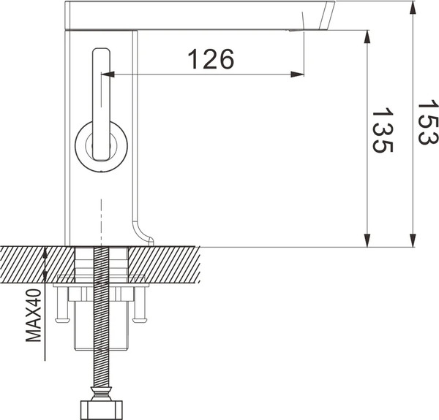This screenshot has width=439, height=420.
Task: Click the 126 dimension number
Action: tap(211, 59)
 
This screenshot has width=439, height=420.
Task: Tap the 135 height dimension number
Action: tap(382, 131)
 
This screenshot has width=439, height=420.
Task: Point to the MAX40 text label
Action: tap(34, 315)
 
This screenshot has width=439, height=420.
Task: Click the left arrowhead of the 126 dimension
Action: tap(106, 74)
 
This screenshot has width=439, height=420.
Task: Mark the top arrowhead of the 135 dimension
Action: tap(364, 35)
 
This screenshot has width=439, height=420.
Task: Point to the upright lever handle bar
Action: tap(100, 88)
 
